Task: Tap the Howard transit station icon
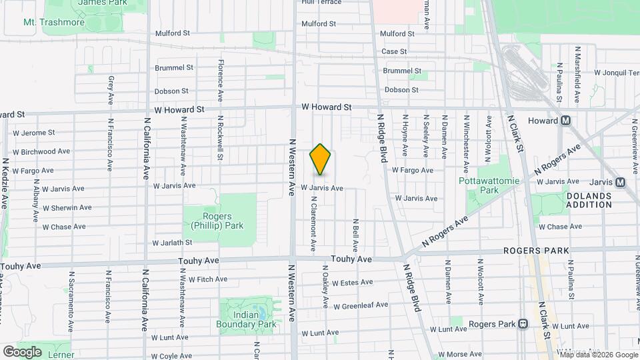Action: tap(566, 121)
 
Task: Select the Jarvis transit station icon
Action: tap(620, 182)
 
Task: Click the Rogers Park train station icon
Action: tap(523, 324)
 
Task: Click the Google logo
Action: tap(23, 351)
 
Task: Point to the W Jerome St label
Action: tap(33, 133)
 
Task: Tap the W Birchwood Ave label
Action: tap(45, 151)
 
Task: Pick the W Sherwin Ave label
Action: tap(67, 208)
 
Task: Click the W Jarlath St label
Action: tap(172, 243)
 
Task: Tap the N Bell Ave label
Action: tap(356, 231)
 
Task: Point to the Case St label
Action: tap(394, 51)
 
